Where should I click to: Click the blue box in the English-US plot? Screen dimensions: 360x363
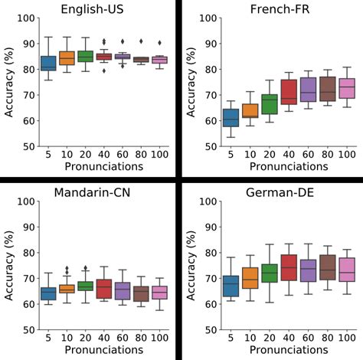coord(47,63)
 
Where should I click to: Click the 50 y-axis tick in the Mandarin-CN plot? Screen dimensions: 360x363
coord(28,329)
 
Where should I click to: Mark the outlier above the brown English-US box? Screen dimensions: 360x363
coord(140,41)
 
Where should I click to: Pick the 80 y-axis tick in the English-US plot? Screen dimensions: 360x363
coord(28,69)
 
